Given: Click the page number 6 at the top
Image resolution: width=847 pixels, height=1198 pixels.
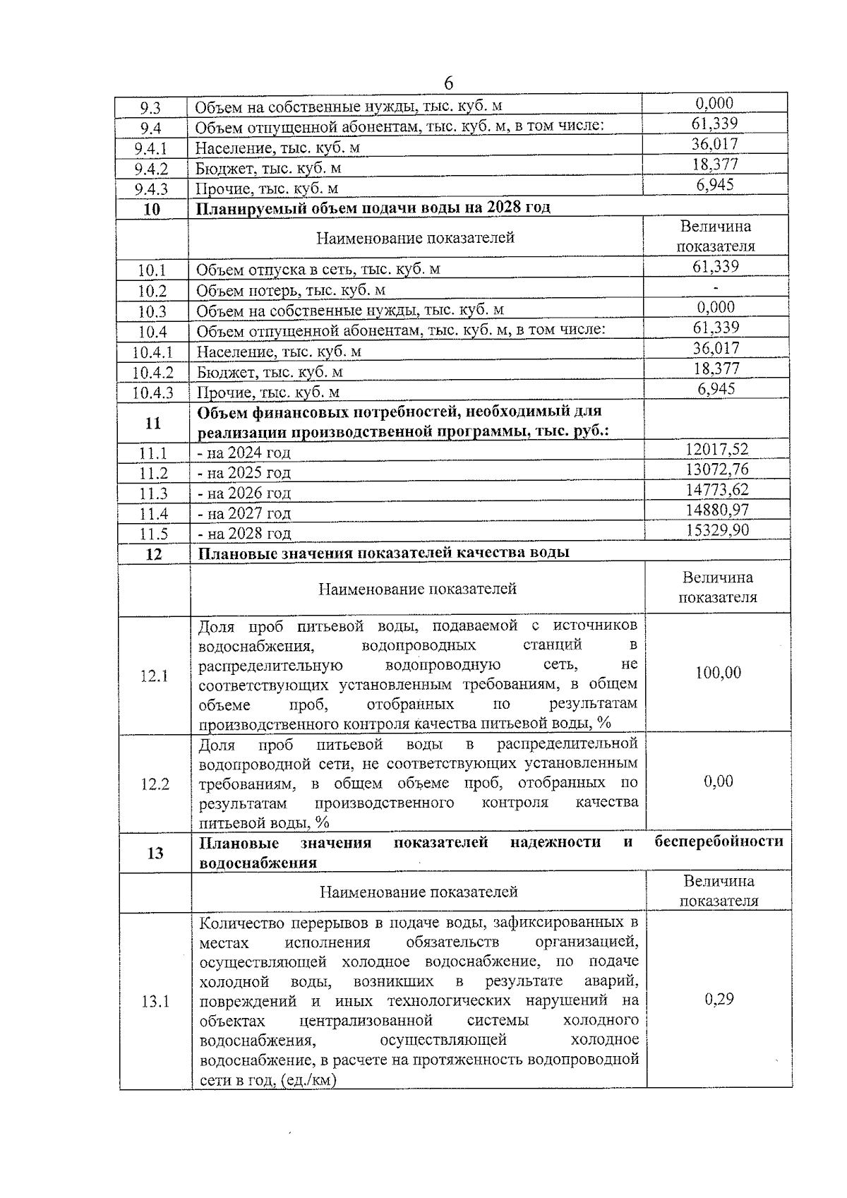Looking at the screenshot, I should [x=449, y=83].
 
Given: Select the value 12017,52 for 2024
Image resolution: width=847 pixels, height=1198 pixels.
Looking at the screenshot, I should [x=717, y=449].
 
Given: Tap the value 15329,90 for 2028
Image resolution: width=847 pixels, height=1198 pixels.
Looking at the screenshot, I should [x=717, y=530].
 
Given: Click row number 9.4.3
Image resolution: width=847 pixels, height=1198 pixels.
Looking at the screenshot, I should [x=151, y=188].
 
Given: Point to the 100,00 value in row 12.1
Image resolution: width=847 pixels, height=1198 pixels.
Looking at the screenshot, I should [x=719, y=673].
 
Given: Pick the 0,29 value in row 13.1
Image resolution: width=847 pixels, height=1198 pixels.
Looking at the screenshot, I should [x=719, y=999].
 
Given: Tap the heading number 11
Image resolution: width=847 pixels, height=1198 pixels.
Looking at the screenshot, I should [x=153, y=423].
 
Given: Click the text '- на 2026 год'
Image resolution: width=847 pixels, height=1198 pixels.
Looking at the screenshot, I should [x=244, y=493].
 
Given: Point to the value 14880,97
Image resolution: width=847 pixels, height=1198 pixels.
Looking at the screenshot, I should [x=717, y=510].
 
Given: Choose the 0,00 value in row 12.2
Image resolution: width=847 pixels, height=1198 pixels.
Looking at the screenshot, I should [x=719, y=781].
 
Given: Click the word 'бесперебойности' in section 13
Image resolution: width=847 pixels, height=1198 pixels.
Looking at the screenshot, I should [x=719, y=841].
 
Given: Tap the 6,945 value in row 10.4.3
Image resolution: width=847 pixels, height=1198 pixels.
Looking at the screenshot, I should [x=716, y=389].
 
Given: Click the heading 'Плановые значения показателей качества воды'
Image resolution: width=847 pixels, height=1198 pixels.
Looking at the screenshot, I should [x=384, y=552].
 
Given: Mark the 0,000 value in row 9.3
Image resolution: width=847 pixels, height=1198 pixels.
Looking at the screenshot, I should [x=715, y=103].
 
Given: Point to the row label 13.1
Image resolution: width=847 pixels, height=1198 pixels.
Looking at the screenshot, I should [x=154, y=1001].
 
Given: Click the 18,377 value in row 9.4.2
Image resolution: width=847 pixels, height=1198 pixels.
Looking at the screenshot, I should [x=715, y=164].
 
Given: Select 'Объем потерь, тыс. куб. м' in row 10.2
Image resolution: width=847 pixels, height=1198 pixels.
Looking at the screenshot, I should [x=291, y=290].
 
